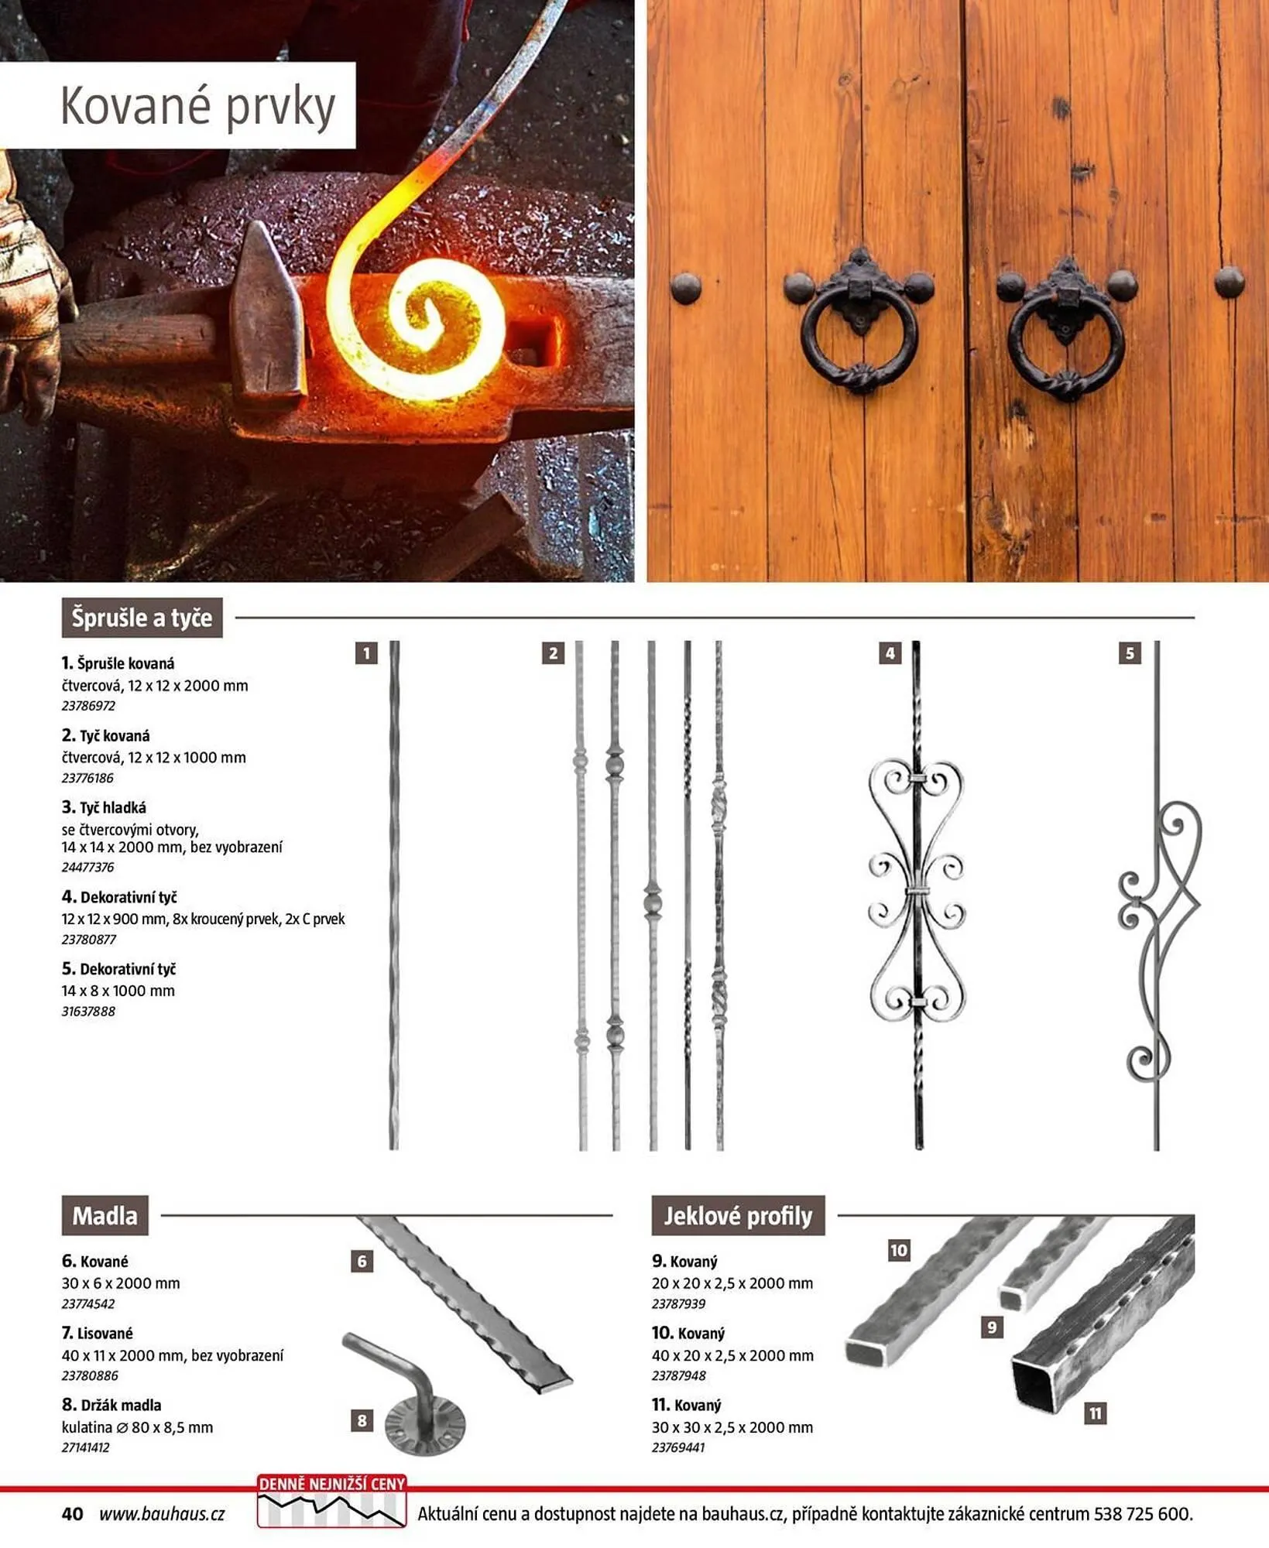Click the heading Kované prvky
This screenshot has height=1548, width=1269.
(198, 106)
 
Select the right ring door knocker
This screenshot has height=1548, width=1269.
(1066, 329)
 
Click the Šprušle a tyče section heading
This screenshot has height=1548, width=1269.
(142, 618)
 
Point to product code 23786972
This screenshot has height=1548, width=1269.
(88, 706)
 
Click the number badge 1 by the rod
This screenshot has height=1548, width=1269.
(366, 653)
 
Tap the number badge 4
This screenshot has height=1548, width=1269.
(890, 653)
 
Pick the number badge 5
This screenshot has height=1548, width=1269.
(1130, 653)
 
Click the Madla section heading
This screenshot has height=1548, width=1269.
(105, 1216)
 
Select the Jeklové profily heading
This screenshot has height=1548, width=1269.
(738, 1216)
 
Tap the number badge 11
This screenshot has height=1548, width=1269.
(1095, 1414)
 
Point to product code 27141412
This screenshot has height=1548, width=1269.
(85, 1447)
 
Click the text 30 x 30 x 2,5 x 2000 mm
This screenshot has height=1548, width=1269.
(732, 1427)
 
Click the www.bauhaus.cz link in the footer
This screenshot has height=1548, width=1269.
(162, 1514)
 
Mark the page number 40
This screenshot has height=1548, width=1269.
(72, 1514)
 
